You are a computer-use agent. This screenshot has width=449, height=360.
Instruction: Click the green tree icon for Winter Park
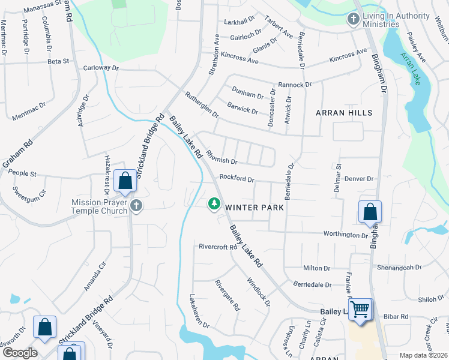pyautogui.click(x=214, y=205)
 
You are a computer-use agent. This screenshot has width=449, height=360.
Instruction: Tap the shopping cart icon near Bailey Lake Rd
pyautogui.click(x=360, y=310)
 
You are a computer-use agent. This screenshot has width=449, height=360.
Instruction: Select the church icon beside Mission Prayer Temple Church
pyautogui.click(x=136, y=206)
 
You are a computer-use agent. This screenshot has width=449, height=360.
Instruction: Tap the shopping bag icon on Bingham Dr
pyautogui.click(x=370, y=211)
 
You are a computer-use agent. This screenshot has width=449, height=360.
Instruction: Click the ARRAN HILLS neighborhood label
pyautogui.click(x=345, y=113)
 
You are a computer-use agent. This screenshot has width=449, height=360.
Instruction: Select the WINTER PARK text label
pyautogui.click(x=254, y=207)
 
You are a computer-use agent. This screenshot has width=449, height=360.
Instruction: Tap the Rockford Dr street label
pyautogui.click(x=237, y=178)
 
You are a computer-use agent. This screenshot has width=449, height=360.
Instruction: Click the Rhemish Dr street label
pyautogui.click(x=222, y=158)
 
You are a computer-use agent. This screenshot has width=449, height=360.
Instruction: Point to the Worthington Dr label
pyautogui.click(x=345, y=235)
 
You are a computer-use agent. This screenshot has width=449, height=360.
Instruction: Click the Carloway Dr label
pyautogui.click(x=97, y=68)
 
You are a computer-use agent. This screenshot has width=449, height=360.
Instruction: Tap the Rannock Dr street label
pyautogui.click(x=295, y=85)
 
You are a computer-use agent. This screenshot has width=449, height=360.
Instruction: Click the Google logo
pyautogui.click(x=19, y=352)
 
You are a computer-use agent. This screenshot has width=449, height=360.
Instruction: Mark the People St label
pyautogui.click(x=23, y=174)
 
